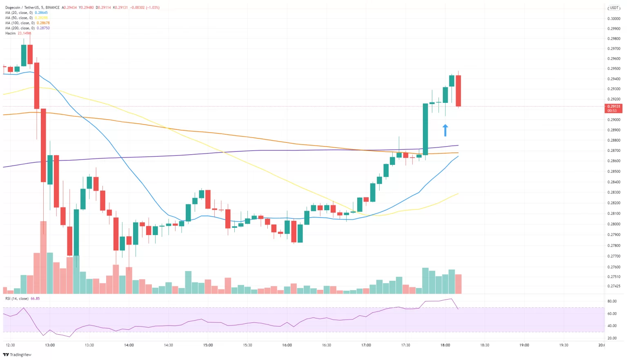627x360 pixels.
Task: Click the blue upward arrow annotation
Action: coord(445,130)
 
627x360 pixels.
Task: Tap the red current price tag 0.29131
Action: coord(613,108)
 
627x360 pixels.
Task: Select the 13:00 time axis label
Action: coord(50,345)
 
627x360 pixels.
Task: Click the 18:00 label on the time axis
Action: coord(445,345)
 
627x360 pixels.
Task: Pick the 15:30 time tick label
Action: coord(247,345)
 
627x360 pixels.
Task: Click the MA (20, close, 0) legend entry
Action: coord(19,13)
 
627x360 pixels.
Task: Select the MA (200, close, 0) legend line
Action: coord(20,28)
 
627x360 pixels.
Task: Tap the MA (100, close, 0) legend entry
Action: coord(20,23)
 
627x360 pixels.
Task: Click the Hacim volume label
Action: coord(11,33)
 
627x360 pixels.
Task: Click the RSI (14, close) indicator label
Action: coord(17,298)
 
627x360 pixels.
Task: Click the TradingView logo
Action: coord(17,355)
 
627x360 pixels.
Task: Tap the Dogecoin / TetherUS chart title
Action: coord(22,7)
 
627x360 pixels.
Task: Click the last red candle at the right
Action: coord(458,91)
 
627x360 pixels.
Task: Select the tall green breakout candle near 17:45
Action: coord(425,129)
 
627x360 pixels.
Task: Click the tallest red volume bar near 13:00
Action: coord(43,257)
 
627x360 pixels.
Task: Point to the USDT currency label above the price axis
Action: coord(614,8)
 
